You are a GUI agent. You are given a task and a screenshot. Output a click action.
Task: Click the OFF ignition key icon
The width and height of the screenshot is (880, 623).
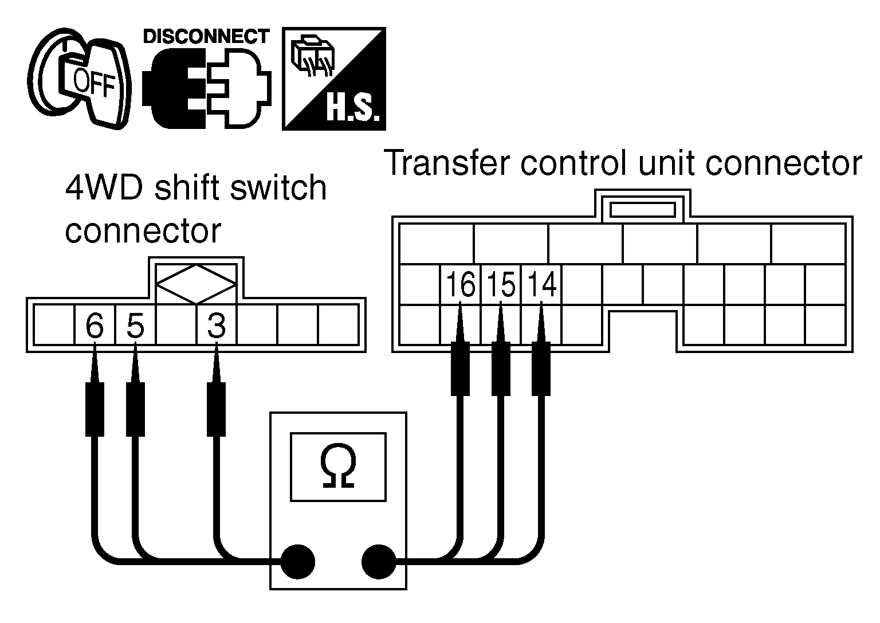coord(78,78)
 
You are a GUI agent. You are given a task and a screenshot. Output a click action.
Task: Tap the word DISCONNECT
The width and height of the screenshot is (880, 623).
coord(206,37)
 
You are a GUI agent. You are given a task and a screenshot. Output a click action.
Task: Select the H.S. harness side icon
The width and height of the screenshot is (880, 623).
coord(334,79)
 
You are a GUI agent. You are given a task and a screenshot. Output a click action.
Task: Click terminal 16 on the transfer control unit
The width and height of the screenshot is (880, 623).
coord(461,284)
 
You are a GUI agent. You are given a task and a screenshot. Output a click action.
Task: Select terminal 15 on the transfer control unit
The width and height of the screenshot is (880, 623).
coord(501,284)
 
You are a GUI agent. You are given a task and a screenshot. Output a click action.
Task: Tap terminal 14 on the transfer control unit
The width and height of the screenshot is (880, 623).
coord(542,284)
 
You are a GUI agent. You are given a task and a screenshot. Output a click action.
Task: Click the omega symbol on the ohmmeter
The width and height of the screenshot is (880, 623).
coord(338,466)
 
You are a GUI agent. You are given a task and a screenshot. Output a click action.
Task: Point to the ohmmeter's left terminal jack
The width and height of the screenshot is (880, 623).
coord(298,562)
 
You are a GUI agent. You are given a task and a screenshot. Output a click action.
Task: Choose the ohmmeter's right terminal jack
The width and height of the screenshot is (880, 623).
coord(379,562)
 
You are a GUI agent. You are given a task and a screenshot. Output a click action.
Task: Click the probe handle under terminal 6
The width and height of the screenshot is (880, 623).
coord(95,409)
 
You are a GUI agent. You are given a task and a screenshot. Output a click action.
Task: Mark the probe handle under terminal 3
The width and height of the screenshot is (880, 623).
coord(217,409)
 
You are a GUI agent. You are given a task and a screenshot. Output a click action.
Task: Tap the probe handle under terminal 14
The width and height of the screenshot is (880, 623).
coord(541,369)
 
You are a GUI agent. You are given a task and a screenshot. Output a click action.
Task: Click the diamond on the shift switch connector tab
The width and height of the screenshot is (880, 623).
coord(197,284)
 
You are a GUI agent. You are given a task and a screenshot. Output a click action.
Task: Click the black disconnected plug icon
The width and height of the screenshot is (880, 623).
coord(174,88)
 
